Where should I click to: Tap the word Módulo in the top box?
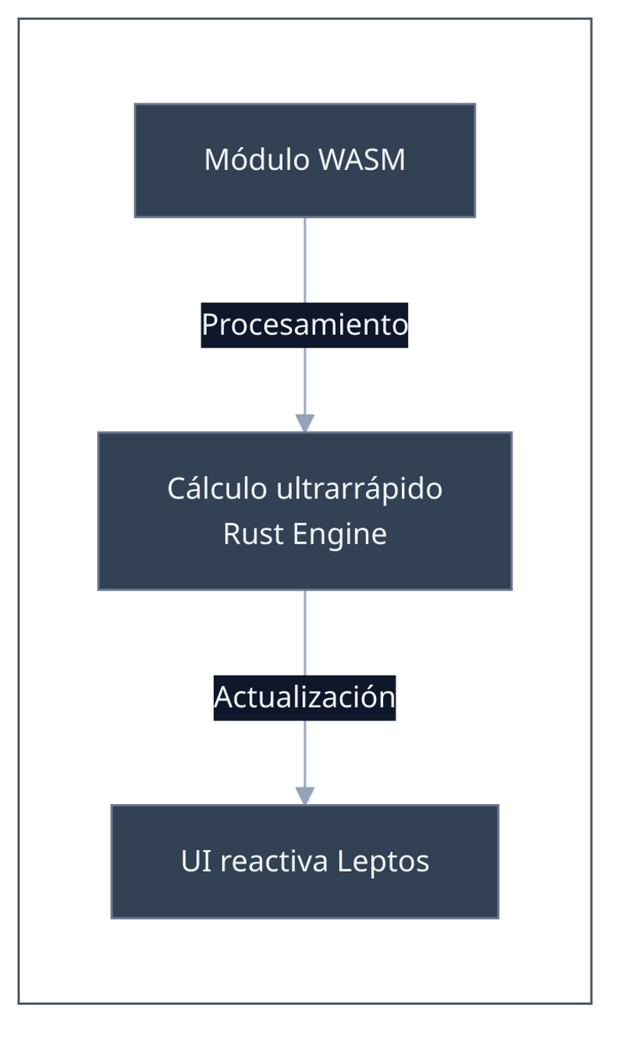(257, 160)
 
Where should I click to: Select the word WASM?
(361, 160)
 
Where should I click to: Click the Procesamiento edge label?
(305, 325)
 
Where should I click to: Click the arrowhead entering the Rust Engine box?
(306, 423)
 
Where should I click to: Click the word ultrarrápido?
(359, 489)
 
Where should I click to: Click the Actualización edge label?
(305, 697)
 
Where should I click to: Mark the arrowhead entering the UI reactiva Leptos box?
(306, 796)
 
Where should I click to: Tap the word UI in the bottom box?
(191, 861)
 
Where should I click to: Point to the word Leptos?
(383, 861)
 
